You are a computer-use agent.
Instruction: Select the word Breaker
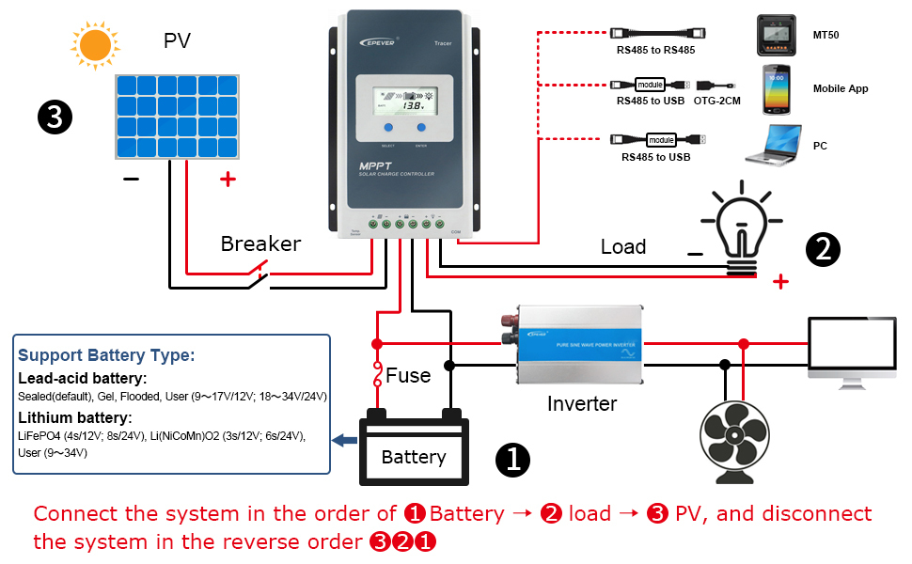click(260, 244)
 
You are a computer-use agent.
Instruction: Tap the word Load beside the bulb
click(623, 247)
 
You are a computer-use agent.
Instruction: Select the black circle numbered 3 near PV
click(55, 117)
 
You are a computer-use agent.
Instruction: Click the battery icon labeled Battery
click(414, 450)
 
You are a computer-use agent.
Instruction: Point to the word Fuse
click(408, 376)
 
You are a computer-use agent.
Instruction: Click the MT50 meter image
click(777, 34)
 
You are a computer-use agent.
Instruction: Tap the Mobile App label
click(840, 89)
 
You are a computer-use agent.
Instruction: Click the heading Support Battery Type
click(105, 356)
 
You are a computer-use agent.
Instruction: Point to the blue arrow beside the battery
click(346, 439)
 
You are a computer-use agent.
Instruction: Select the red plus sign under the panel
click(227, 179)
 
